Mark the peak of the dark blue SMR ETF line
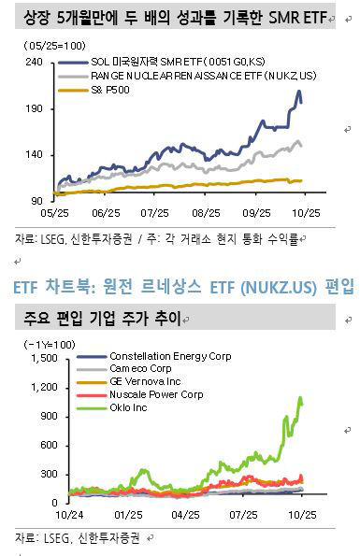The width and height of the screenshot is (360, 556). [x=298, y=92]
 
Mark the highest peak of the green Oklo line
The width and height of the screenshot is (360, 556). [x=300, y=397]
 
